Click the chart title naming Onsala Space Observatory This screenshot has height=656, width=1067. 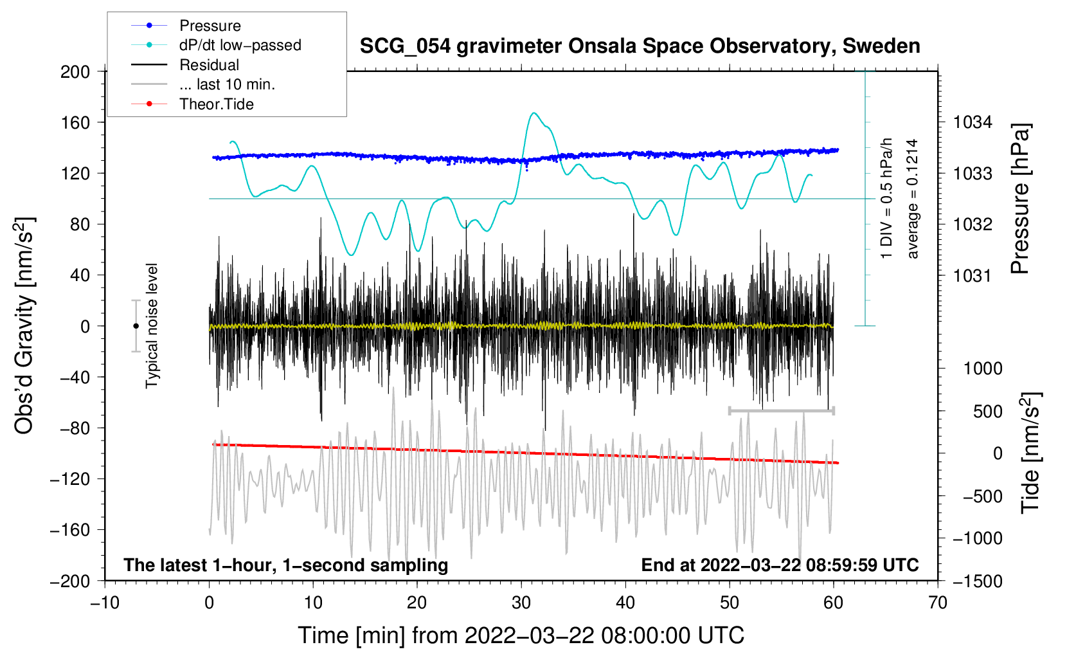point(640,46)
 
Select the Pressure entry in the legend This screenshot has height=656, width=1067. point(210,26)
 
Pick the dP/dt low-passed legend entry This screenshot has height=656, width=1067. point(240,45)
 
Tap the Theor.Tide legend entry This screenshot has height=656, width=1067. point(216,104)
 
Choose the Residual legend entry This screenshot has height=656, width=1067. point(209,65)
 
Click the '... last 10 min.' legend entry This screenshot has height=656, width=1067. point(227,84)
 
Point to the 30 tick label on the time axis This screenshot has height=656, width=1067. point(521,603)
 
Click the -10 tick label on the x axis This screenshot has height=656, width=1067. point(105,603)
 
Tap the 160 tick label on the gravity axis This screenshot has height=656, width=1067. point(75,122)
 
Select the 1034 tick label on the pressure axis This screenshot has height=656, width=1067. point(973,122)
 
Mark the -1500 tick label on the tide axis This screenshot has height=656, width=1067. point(978,581)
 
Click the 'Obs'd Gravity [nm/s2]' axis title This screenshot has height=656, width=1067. point(24,326)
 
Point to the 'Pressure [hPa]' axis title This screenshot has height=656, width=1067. point(1021,199)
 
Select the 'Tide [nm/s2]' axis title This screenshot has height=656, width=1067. point(1030,452)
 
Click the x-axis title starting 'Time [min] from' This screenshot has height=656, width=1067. point(521,635)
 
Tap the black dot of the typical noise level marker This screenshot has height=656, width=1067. point(136,326)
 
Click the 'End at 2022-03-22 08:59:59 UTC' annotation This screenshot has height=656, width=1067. point(780,565)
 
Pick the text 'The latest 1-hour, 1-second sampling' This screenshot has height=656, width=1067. point(286,565)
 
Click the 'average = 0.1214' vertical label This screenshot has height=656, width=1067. point(913,199)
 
